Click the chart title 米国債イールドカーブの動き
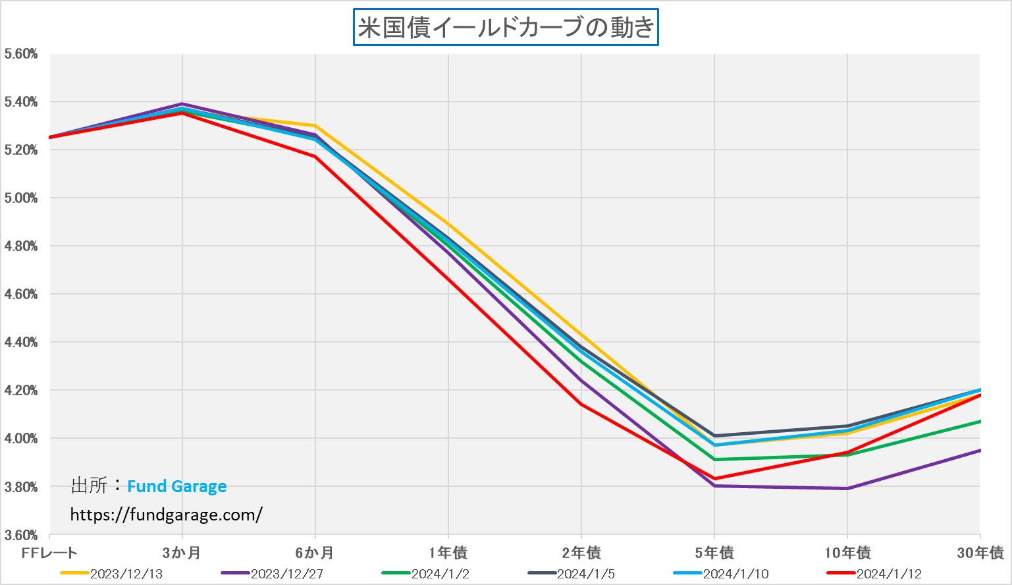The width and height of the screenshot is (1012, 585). coord(506,28)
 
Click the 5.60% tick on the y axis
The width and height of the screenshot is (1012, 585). coord(21,54)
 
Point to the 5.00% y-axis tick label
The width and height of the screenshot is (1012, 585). coord(21,198)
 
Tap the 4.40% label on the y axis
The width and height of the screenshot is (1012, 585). coord(21,343)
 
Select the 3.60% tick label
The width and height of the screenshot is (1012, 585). coord(21,535)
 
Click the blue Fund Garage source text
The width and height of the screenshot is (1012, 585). coord(176,487)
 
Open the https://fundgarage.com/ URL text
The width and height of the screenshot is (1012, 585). coord(166,515)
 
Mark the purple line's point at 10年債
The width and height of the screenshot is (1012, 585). coord(847,488)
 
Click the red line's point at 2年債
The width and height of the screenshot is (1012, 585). coord(581,404)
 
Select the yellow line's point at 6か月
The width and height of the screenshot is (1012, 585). coord(315,126)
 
